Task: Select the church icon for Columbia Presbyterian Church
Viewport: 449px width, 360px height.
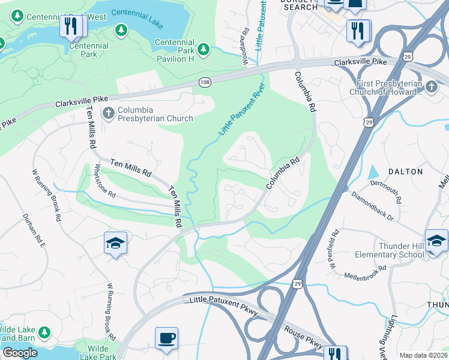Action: tap(108, 112)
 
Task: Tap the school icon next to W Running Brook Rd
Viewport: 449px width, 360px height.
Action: tap(115, 243)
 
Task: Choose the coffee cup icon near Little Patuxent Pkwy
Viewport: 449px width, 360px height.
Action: tap(166, 337)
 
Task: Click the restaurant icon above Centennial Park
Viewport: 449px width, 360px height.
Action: tap(71, 26)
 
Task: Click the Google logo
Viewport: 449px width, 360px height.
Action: tap(20, 353)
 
